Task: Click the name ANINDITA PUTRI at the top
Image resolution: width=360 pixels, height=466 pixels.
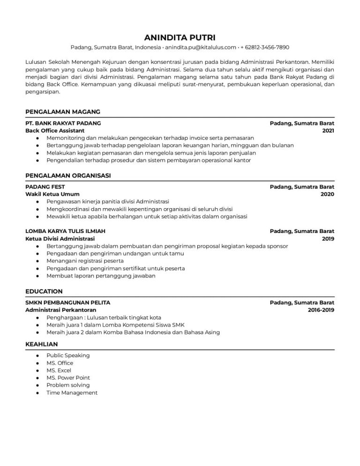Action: click(x=180, y=37)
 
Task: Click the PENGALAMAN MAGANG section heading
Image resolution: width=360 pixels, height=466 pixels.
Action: click(x=62, y=112)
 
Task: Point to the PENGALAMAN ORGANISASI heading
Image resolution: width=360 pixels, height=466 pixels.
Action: click(x=67, y=175)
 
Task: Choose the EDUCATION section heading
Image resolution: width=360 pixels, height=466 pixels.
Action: click(x=44, y=291)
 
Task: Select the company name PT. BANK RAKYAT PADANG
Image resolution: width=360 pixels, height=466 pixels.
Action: click(x=63, y=123)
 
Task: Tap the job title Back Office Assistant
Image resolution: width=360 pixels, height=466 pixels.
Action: click(x=55, y=130)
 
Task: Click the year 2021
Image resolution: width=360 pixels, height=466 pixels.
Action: click(x=328, y=130)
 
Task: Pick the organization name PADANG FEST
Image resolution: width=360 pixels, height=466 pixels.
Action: click(x=45, y=187)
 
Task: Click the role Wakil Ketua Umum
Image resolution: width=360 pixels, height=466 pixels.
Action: click(x=52, y=194)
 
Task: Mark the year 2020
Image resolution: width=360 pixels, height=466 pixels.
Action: click(x=327, y=194)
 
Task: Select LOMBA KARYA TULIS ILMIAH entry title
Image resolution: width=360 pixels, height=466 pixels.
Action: click(x=65, y=231)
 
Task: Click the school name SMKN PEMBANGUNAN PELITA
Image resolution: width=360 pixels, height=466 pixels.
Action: click(x=67, y=302)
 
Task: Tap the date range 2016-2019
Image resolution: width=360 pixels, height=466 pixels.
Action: click(x=321, y=310)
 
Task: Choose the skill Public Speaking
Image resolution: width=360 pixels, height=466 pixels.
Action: click(x=68, y=355)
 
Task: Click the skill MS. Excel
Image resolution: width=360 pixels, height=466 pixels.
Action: click(x=59, y=370)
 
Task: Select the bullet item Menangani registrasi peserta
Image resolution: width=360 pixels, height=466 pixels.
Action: click(x=85, y=261)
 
